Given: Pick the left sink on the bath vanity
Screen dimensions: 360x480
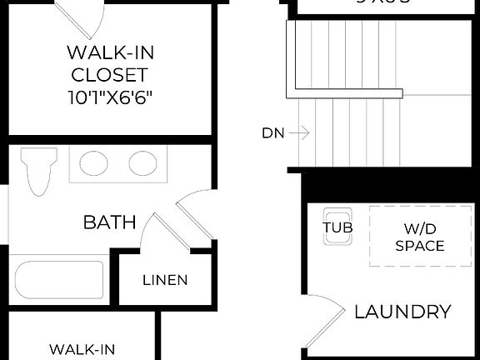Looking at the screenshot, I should coord(94,162).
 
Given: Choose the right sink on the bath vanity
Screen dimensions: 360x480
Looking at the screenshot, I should coord(142,162).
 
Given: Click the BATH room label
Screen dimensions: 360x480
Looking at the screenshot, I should coord(109,222).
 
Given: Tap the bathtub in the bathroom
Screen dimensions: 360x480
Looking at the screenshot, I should coord(59,282).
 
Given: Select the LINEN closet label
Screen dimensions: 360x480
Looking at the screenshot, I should coord(164,280).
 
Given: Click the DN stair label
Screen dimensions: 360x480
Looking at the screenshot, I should coord(273,132).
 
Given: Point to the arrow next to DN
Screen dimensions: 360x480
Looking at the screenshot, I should coord(301,132).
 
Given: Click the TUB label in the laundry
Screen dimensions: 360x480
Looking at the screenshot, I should coord(337,226).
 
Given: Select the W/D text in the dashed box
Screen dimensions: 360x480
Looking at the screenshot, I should coord(419,227).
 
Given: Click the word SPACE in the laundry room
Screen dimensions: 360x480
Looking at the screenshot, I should coord(419,246).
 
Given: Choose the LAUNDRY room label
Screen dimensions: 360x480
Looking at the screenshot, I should coord(402,312).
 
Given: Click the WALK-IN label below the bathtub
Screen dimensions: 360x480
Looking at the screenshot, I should coord(82,349).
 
